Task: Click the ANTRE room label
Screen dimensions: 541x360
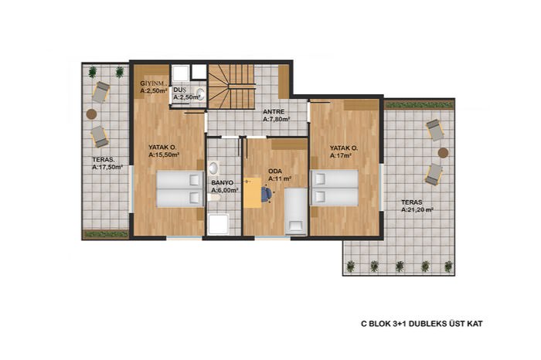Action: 274,112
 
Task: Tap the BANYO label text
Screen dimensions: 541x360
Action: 223,183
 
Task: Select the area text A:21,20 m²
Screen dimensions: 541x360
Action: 417,209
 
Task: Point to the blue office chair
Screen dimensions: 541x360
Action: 267,194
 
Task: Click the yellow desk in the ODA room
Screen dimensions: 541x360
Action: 252,193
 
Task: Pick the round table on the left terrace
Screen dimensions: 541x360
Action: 91,114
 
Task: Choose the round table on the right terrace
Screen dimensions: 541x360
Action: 443,153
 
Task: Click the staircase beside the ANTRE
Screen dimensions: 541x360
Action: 232,87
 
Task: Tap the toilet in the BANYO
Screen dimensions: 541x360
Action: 214,197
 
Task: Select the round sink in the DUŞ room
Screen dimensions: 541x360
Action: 200,93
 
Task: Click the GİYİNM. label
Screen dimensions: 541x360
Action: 154,83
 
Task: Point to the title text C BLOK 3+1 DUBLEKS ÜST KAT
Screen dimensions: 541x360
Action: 422,324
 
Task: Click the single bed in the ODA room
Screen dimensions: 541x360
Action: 296,212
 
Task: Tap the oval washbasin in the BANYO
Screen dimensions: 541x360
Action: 213,168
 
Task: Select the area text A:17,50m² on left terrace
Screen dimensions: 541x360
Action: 107,167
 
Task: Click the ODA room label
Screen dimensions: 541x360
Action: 275,171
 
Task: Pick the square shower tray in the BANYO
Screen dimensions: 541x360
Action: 219,225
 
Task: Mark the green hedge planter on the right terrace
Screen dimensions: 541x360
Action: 419,104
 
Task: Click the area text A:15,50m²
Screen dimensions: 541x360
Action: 164,155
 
